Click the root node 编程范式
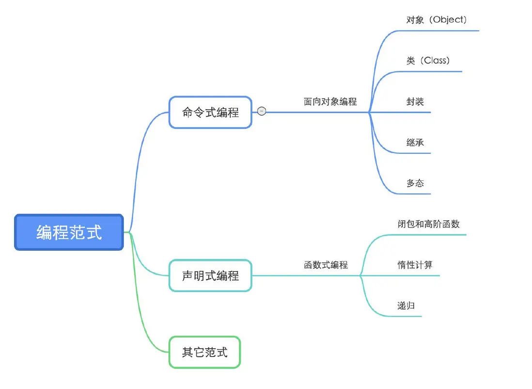pyautogui.click(x=69, y=232)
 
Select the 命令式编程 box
pyautogui.click(x=210, y=113)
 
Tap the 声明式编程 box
pyautogui.click(x=210, y=276)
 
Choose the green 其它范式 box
pyautogui.click(x=204, y=352)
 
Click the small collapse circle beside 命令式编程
pyautogui.click(x=262, y=112)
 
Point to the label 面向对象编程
pyautogui.click(x=330, y=102)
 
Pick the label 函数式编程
pyautogui.click(x=326, y=265)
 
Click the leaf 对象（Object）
pyautogui.click(x=436, y=20)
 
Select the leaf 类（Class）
pyautogui.click(x=428, y=61)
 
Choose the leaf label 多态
pyautogui.click(x=415, y=183)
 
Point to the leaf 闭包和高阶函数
pyautogui.click(x=428, y=224)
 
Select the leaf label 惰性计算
pyautogui.click(x=415, y=265)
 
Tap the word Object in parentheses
pyautogui.click(x=449, y=20)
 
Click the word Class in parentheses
pyautogui.click(x=435, y=61)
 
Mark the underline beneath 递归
pyautogui.click(x=407, y=316)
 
